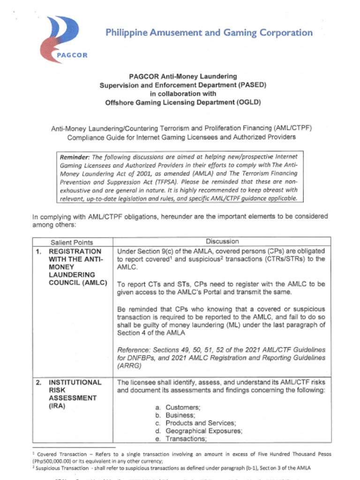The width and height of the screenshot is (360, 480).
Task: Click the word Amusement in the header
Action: [164, 33]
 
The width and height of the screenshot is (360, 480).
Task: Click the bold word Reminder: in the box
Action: [75, 157]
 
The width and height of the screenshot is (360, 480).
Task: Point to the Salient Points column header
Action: [72, 242]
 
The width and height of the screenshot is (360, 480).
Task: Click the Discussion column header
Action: [222, 241]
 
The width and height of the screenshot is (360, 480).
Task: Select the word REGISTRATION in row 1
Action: [75, 251]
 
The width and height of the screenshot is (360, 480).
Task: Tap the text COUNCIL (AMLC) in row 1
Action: [78, 283]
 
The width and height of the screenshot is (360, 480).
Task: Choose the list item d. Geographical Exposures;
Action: [198, 431]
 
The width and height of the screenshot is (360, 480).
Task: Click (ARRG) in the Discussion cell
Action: [128, 366]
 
